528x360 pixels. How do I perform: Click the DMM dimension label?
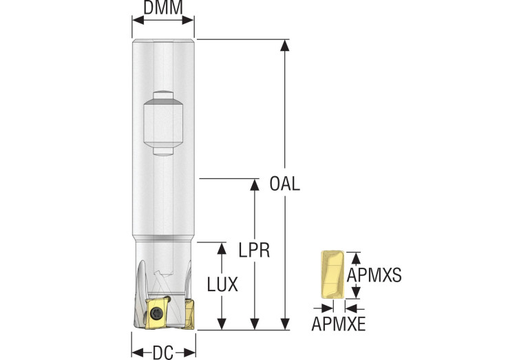[162, 8]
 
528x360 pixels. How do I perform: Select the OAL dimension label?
[285, 184]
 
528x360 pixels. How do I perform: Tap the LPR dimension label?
[255, 248]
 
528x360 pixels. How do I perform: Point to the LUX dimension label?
[222, 284]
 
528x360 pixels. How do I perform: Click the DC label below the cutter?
[163, 353]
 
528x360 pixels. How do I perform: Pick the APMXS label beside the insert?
[374, 275]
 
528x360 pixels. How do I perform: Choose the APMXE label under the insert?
[339, 323]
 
